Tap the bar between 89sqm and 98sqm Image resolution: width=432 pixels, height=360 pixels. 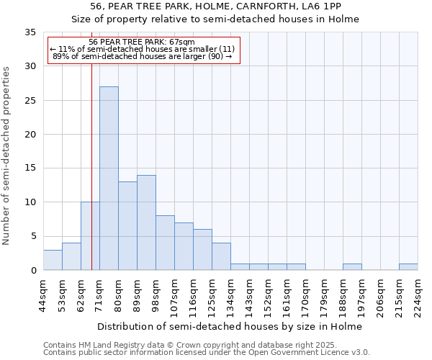(146, 222)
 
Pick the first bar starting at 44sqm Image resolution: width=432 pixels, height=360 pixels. (53, 260)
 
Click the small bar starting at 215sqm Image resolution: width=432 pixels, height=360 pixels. (408, 267)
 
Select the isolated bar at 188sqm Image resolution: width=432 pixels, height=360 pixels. (352, 267)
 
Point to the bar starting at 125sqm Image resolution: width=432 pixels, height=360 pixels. (221, 256)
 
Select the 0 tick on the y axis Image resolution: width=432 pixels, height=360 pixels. (33, 271)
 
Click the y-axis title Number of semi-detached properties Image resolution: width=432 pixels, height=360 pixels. (7, 155)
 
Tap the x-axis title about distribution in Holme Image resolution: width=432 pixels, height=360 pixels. (230, 326)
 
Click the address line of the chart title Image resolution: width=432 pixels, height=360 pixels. (215, 6)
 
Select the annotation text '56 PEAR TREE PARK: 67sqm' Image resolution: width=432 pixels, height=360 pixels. (142, 42)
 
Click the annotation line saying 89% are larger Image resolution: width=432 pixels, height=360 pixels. (142, 56)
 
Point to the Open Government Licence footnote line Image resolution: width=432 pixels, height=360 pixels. (206, 353)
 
